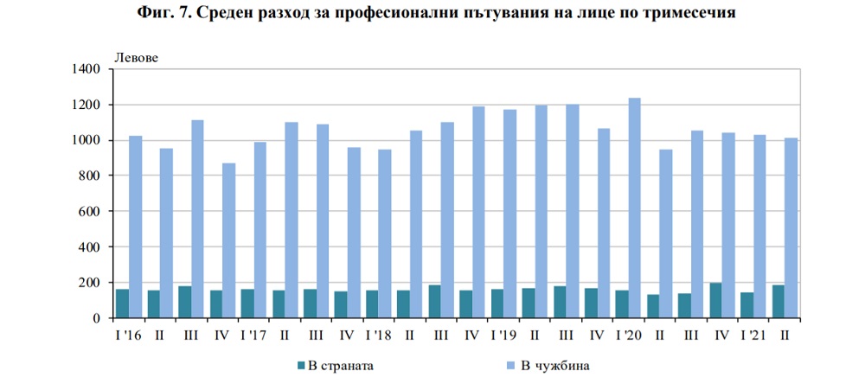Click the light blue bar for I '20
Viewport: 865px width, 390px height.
(x=634, y=208)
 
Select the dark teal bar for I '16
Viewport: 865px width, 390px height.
(x=122, y=304)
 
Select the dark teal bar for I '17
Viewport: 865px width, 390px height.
(x=247, y=304)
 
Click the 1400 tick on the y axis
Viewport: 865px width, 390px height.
(x=87, y=69)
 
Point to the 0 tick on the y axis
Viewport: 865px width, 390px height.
(x=99, y=318)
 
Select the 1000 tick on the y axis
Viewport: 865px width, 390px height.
(x=87, y=140)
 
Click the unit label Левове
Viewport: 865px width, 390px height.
(x=137, y=57)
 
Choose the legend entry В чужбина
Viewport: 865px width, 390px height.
(x=554, y=366)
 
